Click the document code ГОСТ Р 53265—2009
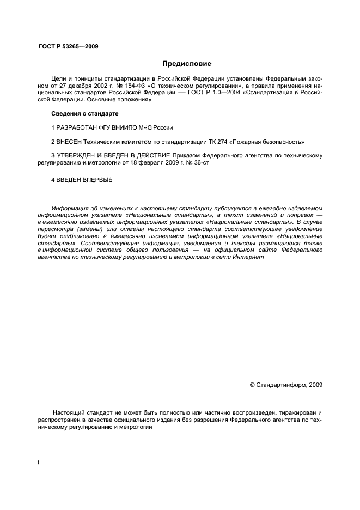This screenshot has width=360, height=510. tap(68, 46)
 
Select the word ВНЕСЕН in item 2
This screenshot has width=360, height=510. tap(68, 142)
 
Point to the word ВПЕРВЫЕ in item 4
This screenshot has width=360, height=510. tap(98, 180)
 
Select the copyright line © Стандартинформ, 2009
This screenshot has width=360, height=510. tap(286, 385)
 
